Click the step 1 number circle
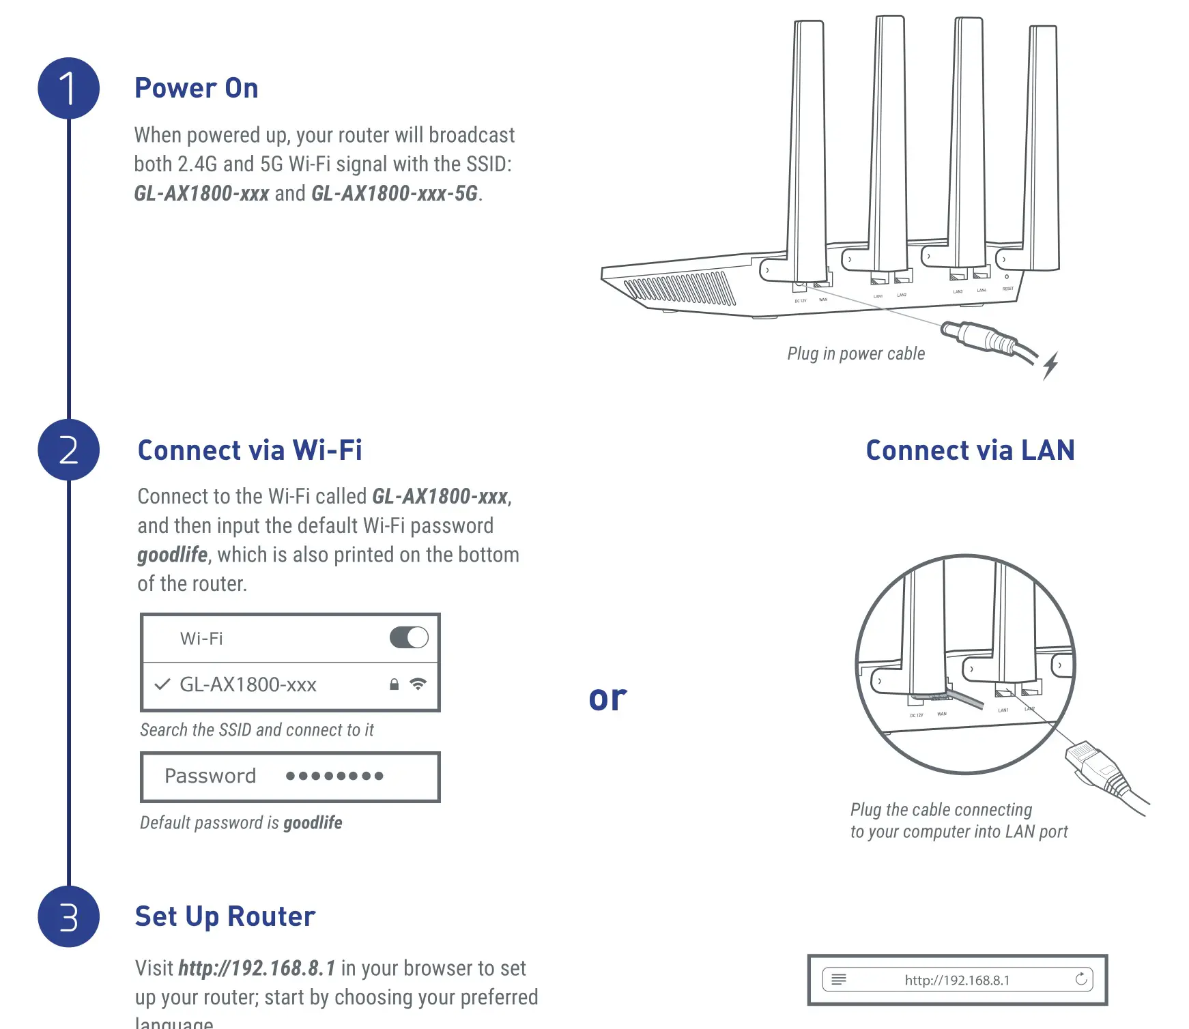click(68, 88)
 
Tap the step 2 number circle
click(68, 450)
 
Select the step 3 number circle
click(68, 916)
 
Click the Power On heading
click(196, 88)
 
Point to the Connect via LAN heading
click(970, 450)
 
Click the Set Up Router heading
click(225, 916)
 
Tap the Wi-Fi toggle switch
click(409, 637)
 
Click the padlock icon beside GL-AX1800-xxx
click(394, 684)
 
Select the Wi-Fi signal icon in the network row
click(418, 684)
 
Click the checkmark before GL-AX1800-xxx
click(162, 684)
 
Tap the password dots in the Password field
click(334, 776)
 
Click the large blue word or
click(607, 698)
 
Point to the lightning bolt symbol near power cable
click(1050, 365)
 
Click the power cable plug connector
click(983, 336)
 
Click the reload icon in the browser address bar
click(1080, 979)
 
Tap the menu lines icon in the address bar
click(839, 979)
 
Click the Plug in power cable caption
click(856, 353)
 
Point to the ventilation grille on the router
click(680, 289)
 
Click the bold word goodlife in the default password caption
click(313, 823)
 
